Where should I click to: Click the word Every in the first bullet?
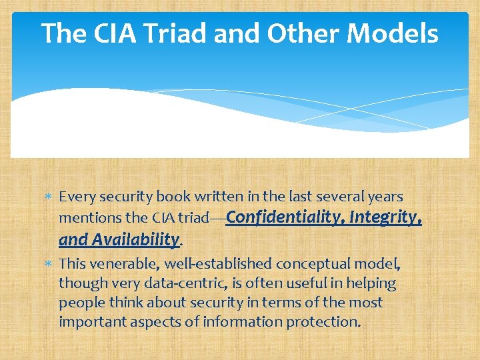pyautogui.click(x=75, y=197)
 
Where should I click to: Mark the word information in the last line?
pyautogui.click(x=246, y=321)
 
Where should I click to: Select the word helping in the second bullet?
pyautogui.click(x=372, y=283)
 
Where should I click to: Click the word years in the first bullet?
pyautogui.click(x=385, y=197)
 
